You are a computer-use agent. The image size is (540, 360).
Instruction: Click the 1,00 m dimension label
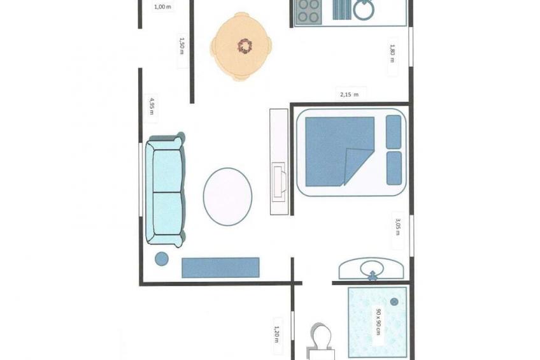pos(162,6)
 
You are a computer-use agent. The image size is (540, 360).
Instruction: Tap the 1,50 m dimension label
pos(182,46)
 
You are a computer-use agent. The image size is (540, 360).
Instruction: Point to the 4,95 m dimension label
pos(152,106)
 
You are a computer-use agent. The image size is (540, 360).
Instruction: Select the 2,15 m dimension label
pos(349,94)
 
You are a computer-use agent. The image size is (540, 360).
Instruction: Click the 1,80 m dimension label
pos(392,53)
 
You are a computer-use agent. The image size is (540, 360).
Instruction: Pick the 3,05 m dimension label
pos(398,226)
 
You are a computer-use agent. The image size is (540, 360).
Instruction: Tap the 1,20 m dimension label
pos(276,335)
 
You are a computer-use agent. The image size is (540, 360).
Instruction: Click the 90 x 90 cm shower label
pos(378,321)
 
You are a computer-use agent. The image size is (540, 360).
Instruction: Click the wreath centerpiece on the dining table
pos(245,46)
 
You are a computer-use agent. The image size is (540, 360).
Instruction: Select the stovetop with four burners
pos(309,11)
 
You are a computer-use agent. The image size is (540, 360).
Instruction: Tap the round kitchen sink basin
pos(364,10)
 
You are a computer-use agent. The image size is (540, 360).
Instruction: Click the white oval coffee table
pos(227,197)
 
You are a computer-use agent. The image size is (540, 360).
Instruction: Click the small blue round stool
pos(162,259)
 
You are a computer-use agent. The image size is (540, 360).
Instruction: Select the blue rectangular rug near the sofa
pos(220,268)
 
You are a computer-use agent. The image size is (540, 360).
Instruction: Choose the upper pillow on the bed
pos(394,132)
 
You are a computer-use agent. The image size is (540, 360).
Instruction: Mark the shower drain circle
pos(394,302)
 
